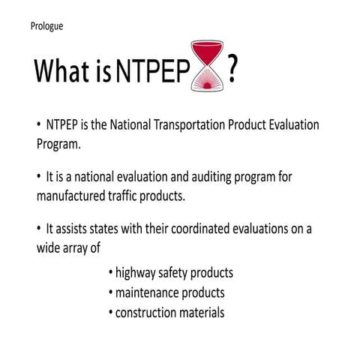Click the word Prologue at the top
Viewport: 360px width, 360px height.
point(46,26)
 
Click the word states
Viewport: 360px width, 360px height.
point(98,231)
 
